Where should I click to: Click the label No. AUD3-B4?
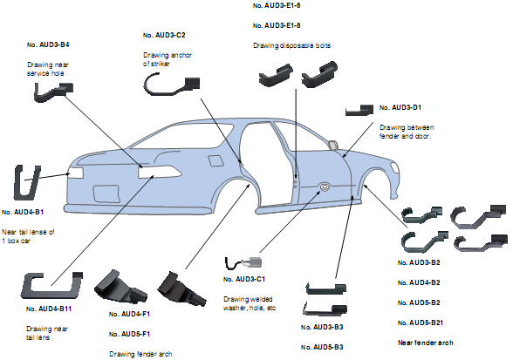pos(48,44)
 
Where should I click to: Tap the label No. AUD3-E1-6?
pos(277,5)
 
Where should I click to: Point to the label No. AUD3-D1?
pos(400,107)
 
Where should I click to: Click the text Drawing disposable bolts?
pos(291,45)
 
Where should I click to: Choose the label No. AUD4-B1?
pos(23,212)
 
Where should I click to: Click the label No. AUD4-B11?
pos(49,309)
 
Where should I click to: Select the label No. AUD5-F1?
pos(129,334)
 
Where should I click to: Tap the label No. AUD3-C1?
pos(244,279)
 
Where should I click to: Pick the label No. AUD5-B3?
pos(322,347)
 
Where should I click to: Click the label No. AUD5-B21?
pos(421,323)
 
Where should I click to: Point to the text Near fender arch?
pos(426,343)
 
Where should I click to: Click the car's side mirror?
pos(333,145)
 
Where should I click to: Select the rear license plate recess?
pos(106,194)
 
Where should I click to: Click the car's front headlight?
pos(395,167)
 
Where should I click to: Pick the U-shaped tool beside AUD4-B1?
pos(27,182)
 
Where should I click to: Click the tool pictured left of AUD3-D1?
pos(359,110)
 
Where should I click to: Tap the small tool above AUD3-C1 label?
pos(243,262)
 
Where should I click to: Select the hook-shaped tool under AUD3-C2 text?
pos(171,84)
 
